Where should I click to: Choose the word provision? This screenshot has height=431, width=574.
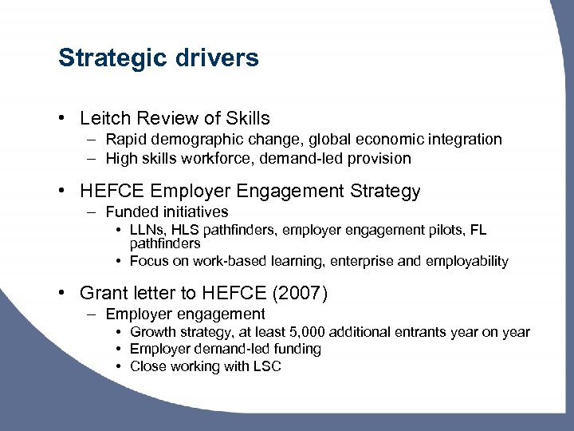click(379, 158)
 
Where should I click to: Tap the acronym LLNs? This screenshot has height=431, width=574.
click(146, 231)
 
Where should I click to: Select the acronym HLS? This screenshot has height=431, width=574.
click(186, 231)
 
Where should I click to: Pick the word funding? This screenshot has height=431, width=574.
click(294, 349)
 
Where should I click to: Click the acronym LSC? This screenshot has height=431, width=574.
click(266, 366)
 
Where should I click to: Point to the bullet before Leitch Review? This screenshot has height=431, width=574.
click(61, 119)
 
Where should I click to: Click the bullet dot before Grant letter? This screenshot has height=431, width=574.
click(61, 294)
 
